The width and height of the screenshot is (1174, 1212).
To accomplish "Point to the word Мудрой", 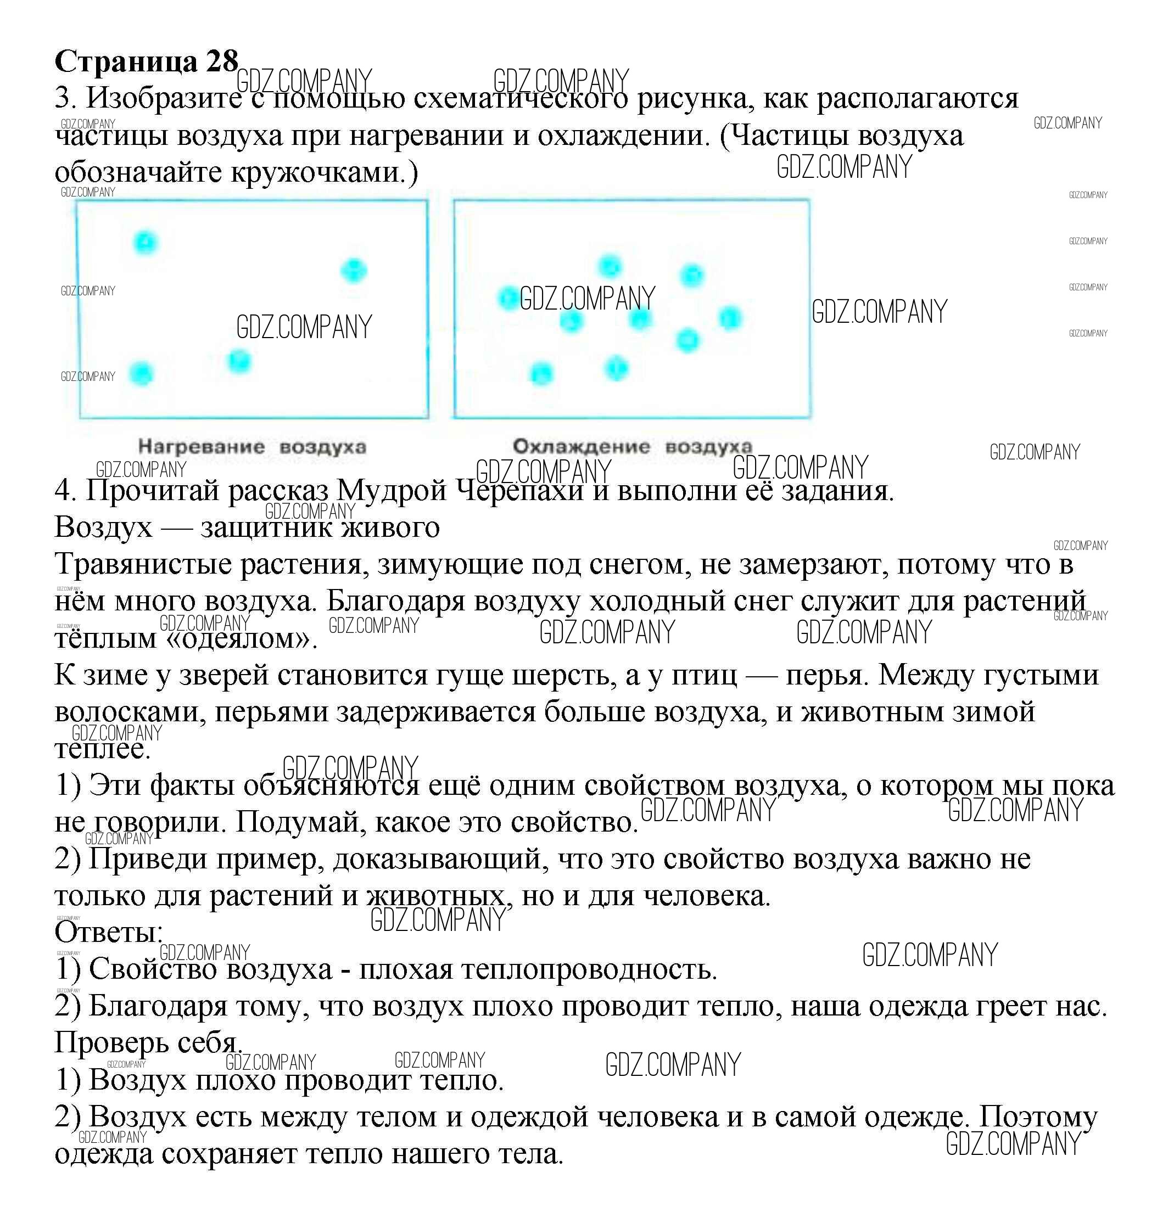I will (x=392, y=490).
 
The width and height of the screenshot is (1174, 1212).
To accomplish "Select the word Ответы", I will (x=108, y=933).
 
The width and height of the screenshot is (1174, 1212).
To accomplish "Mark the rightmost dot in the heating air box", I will (x=354, y=270).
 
